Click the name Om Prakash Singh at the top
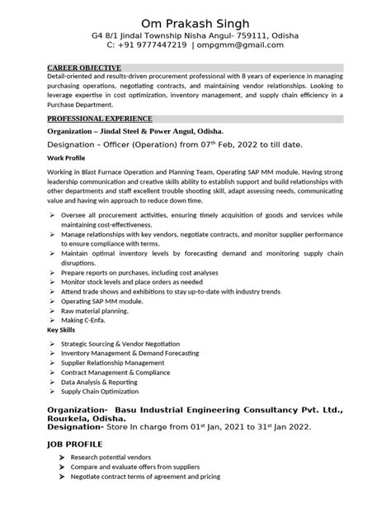click(195, 21)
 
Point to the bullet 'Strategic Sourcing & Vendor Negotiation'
click(144, 341)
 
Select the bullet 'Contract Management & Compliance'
click(132, 372)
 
